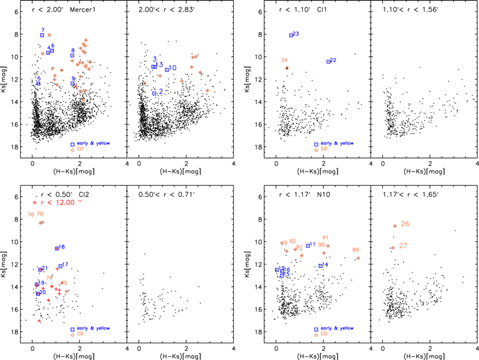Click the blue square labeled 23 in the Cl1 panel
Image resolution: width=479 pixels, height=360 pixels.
pyautogui.click(x=291, y=35)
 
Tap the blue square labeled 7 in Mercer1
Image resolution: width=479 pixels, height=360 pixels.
pyautogui.click(x=42, y=35)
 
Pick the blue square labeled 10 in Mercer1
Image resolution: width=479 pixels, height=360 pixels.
pyautogui.click(x=167, y=69)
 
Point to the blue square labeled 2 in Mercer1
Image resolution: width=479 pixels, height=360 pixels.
pyautogui.click(x=154, y=94)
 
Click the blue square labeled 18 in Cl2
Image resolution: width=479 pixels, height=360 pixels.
pyautogui.click(x=57, y=248)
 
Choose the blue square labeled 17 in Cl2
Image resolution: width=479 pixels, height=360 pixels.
pyautogui.click(x=60, y=266)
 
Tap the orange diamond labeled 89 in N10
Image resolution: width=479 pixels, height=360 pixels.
pyautogui.click(x=358, y=258)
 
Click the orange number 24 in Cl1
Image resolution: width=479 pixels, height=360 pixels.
pyautogui.click(x=285, y=60)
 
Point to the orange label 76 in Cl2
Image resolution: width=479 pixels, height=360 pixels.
pyautogui.click(x=30, y=214)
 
